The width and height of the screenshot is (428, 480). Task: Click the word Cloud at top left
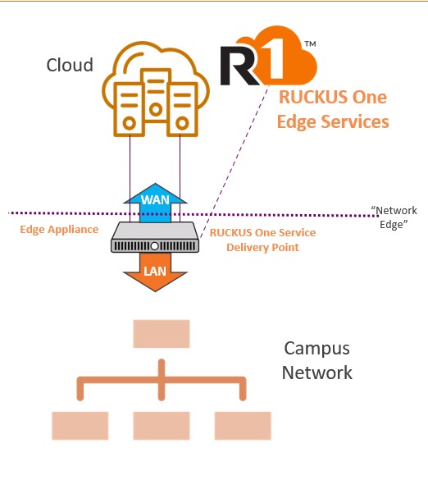[x=70, y=65]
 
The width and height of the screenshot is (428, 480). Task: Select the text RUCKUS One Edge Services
[x=332, y=109]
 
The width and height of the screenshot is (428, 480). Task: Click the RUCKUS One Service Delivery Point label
[x=262, y=240]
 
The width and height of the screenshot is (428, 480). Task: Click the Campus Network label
[x=316, y=360]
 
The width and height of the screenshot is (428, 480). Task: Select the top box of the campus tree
[x=162, y=334]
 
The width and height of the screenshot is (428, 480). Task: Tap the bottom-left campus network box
[x=80, y=425]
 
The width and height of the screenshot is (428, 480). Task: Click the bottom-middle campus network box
[x=162, y=425]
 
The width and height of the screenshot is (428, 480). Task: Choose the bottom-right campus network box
[x=243, y=425]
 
